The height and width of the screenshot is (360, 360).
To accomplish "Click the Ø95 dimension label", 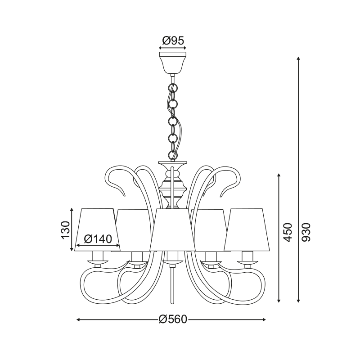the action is [173, 40].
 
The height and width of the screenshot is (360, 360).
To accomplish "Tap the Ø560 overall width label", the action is [173, 319].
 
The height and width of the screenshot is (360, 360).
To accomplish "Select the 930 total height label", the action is [306, 232].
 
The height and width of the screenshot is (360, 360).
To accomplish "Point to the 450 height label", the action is [288, 232].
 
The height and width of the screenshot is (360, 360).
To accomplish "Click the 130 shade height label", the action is [66, 230].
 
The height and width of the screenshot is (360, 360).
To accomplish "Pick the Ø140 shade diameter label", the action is [98, 239].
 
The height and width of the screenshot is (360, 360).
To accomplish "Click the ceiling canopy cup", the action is [173, 63].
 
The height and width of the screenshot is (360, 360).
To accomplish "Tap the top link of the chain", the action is [173, 88].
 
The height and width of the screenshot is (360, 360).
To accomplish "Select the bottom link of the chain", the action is [173, 155].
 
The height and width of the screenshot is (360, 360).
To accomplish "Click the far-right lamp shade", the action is [247, 230].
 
